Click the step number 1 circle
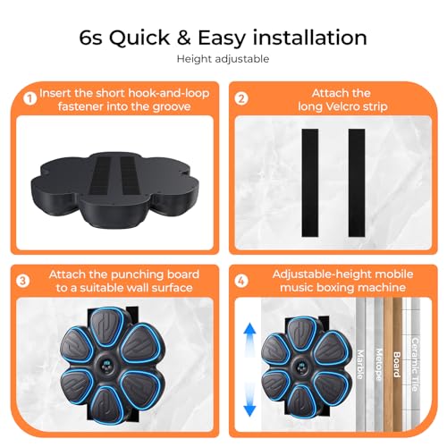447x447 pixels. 30,98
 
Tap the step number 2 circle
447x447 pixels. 241,98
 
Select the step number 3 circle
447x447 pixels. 23,281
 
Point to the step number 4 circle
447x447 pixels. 241,281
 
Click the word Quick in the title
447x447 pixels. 139,38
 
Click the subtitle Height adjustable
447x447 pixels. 223,59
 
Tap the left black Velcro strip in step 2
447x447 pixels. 310,182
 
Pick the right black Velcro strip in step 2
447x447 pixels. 357,182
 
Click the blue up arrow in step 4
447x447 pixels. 249,339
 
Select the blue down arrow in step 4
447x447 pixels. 249,401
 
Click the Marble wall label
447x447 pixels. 360,364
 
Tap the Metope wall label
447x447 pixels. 379,364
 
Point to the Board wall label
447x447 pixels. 397,364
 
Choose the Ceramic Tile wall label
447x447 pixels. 415,364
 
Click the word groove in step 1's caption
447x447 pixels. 172,107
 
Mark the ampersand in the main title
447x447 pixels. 183,38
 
